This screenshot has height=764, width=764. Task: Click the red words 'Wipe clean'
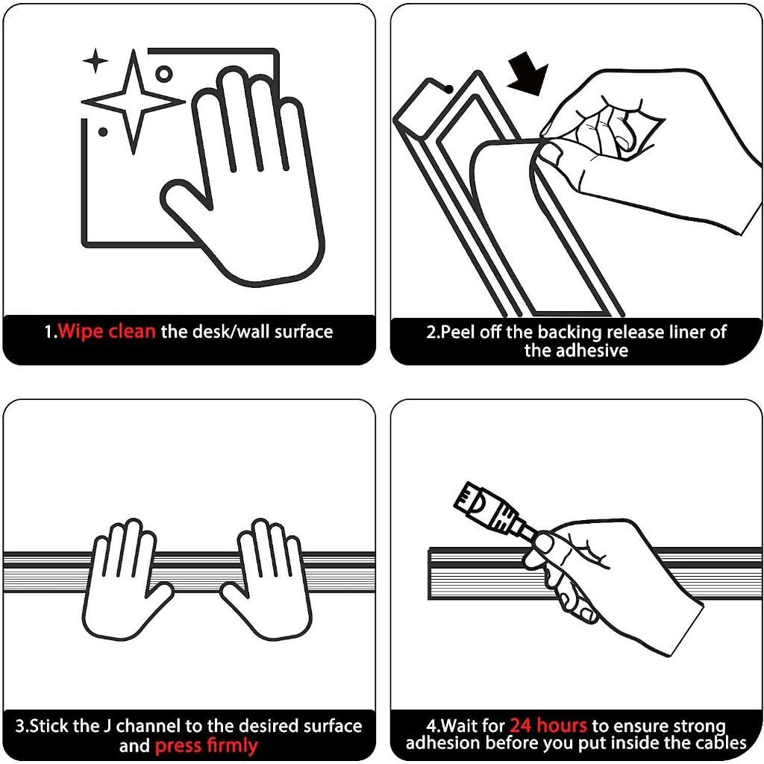pyautogui.click(x=107, y=331)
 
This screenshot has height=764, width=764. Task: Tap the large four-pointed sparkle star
pyautogui.click(x=133, y=101)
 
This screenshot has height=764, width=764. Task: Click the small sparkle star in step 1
pyautogui.click(x=95, y=61)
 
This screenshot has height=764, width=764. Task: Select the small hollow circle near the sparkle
pyautogui.click(x=164, y=74)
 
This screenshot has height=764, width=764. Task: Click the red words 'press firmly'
pyautogui.click(x=206, y=746)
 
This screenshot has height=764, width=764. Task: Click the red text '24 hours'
pyautogui.click(x=548, y=725)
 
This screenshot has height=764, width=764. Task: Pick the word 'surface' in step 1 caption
pyautogui.click(x=304, y=331)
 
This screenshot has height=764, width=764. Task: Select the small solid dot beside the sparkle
pyautogui.click(x=103, y=132)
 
